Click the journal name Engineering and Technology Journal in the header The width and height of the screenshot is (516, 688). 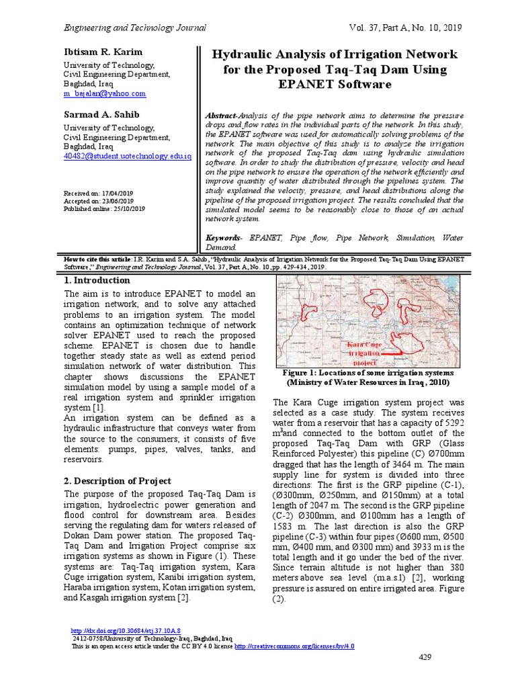pyautogui.click(x=134, y=28)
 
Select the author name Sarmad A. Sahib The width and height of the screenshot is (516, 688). pyautogui.click(x=101, y=114)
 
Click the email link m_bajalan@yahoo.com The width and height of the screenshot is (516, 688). pyautogui.click(x=104, y=94)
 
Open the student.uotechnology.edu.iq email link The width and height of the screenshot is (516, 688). pyautogui.click(x=127, y=156)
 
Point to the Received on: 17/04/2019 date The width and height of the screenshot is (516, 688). pyautogui.click(x=98, y=193)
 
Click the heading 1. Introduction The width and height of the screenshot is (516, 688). pyautogui.click(x=97, y=280)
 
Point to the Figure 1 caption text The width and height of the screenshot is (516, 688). pyautogui.click(x=368, y=377)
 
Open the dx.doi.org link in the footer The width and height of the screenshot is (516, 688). pyautogui.click(x=126, y=631)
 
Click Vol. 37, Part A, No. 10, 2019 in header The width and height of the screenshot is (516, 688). pyautogui.click(x=406, y=28)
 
